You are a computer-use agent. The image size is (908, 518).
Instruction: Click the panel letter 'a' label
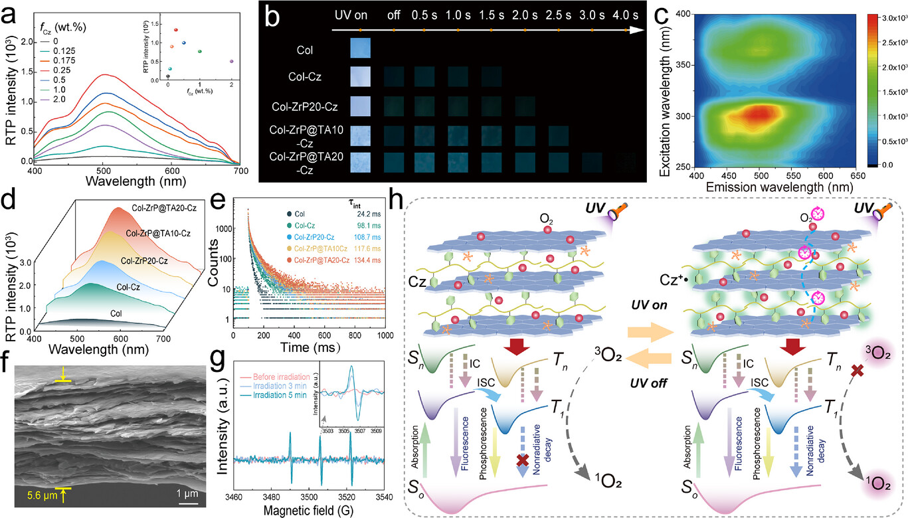pyautogui.click(x=11, y=13)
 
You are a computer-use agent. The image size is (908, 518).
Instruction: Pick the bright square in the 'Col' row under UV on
pyautogui.click(x=359, y=49)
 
